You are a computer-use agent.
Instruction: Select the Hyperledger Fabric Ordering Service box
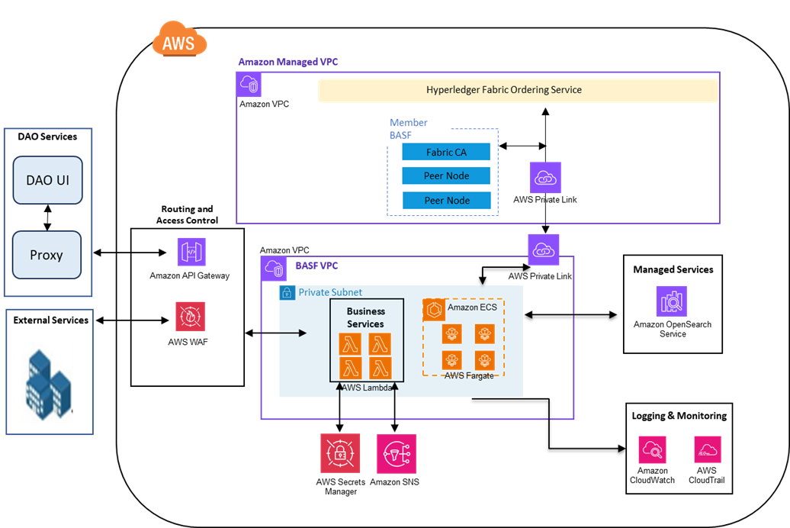click(x=518, y=90)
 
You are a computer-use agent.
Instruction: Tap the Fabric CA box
click(x=446, y=153)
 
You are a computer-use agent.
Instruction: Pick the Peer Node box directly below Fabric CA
click(x=446, y=176)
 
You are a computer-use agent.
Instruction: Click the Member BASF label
click(x=409, y=128)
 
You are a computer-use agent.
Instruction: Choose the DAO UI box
click(x=47, y=181)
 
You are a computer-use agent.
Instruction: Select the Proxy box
click(x=47, y=255)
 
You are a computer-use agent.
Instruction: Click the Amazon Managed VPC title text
click(x=288, y=62)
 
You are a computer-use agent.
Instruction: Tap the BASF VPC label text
click(x=316, y=266)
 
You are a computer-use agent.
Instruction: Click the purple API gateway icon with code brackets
click(x=191, y=252)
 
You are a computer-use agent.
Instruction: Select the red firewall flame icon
click(x=191, y=317)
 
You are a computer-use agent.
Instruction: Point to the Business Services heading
click(x=366, y=317)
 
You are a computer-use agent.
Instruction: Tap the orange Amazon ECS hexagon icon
click(x=434, y=310)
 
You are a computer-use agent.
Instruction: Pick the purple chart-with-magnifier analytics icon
click(x=671, y=301)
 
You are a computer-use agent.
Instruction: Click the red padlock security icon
click(x=340, y=453)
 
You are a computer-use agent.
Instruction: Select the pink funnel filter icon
click(x=397, y=453)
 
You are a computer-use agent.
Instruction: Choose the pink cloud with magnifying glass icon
click(x=652, y=449)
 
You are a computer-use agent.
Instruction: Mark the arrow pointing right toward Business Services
click(x=294, y=333)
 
